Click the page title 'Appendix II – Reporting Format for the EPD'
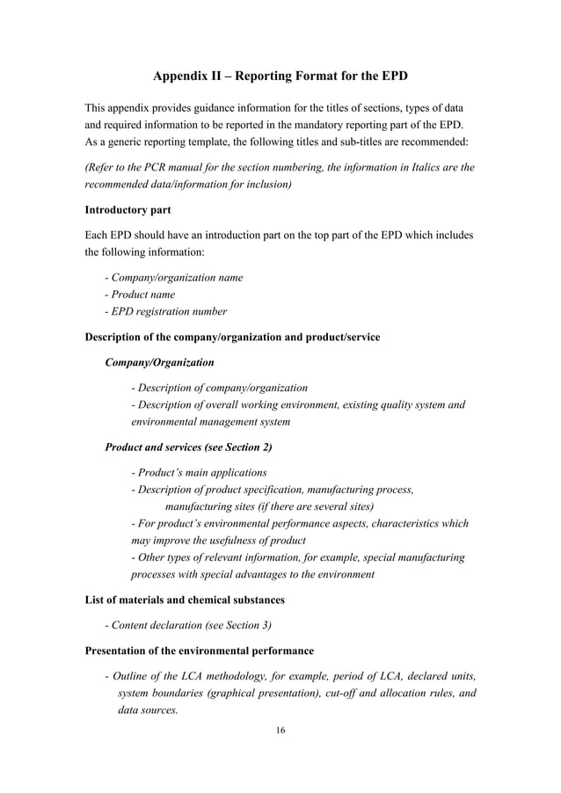(x=280, y=76)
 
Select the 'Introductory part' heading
(x=127, y=210)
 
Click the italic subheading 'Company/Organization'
(x=159, y=361)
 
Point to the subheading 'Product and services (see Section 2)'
(x=188, y=447)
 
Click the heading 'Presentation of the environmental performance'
(x=199, y=651)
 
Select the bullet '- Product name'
(x=140, y=295)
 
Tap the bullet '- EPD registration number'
(x=165, y=311)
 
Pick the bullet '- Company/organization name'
(x=173, y=278)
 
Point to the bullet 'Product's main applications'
(x=199, y=473)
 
